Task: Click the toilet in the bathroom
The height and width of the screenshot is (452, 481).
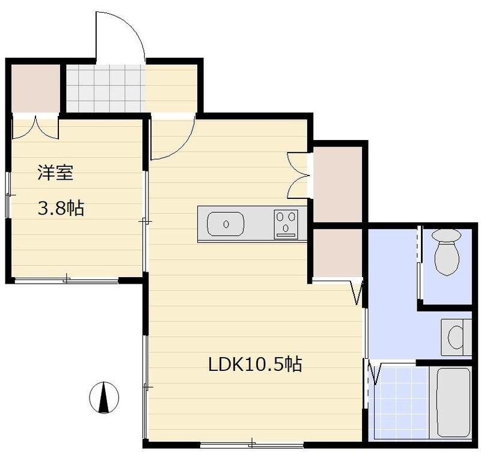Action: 446,252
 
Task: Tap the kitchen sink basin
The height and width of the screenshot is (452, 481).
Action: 225,225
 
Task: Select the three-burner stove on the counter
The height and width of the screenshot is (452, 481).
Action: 286,224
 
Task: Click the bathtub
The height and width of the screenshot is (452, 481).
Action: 453,402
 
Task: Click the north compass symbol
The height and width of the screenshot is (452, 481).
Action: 104,397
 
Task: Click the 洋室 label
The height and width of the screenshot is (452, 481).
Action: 55,173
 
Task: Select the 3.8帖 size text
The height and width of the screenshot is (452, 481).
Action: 61,209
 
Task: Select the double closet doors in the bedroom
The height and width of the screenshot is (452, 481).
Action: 35,127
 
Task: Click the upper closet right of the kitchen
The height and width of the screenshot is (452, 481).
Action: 337,183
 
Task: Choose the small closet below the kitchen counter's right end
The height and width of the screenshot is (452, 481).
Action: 337,252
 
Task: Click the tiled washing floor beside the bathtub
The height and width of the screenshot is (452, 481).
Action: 399,402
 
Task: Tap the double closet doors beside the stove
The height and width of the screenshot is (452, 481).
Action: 299,175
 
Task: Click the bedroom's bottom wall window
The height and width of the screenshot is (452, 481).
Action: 66,279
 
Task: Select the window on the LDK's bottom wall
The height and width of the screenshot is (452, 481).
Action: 253,445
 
